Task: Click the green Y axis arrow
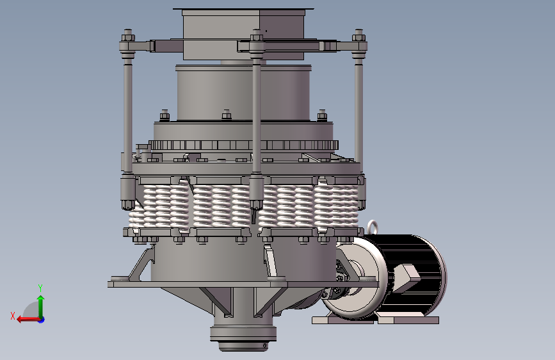(x=41, y=306)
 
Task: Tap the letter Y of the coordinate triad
(x=40, y=288)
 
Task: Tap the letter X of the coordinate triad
(x=13, y=316)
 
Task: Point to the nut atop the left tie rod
(x=128, y=35)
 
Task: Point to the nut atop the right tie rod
(x=358, y=35)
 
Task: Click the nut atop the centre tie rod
(x=257, y=35)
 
